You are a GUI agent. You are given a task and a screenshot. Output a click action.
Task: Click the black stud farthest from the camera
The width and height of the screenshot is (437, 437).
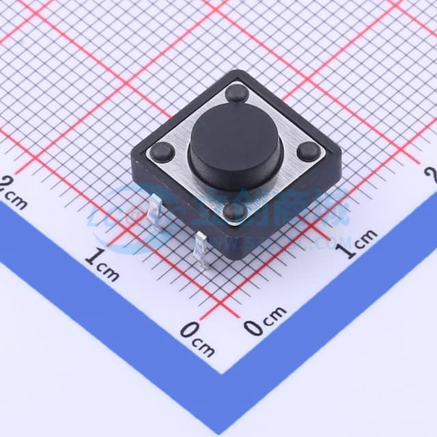[237, 92]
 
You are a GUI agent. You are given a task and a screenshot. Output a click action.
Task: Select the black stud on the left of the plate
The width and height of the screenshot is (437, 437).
[162, 152]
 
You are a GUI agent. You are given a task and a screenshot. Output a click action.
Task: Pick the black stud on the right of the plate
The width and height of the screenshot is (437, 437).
[308, 152]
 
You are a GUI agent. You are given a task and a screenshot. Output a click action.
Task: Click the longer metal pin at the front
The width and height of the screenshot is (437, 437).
[202, 249]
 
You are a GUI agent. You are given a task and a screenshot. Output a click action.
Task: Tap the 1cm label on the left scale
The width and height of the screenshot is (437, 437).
[102, 266]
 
